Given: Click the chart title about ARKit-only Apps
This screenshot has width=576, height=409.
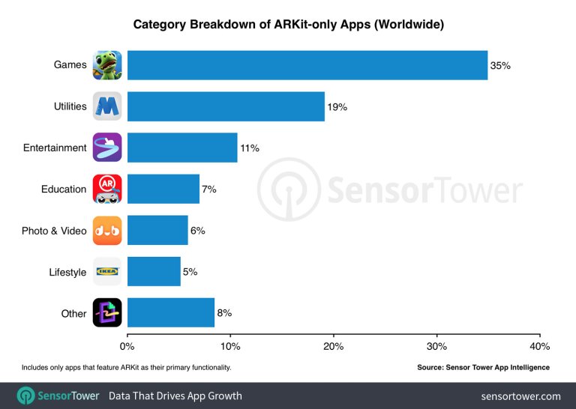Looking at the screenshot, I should pyautogui.click(x=288, y=25).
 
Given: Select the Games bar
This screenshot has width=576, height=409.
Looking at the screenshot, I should pyautogui.click(x=307, y=65).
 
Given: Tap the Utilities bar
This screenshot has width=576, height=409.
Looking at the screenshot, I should pyautogui.click(x=226, y=106).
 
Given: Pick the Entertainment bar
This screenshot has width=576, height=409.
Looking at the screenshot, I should pyautogui.click(x=182, y=148).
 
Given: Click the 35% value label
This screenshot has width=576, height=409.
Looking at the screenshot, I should pyautogui.click(x=500, y=66).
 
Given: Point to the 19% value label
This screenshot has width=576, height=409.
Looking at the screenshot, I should pyautogui.click(x=337, y=107).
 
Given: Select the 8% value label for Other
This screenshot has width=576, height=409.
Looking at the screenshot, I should pyautogui.click(x=224, y=313).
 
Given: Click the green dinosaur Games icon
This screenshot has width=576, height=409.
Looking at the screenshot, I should pyautogui.click(x=107, y=65).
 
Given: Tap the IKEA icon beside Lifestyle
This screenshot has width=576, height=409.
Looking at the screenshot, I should pyautogui.click(x=107, y=272).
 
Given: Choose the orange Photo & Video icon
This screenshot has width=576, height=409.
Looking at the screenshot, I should pyautogui.click(x=107, y=231).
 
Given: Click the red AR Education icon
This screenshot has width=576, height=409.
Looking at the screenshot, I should pyautogui.click(x=107, y=189).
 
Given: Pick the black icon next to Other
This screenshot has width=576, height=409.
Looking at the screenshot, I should pyautogui.click(x=107, y=313).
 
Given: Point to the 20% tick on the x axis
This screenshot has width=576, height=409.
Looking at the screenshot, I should pyautogui.click(x=334, y=346).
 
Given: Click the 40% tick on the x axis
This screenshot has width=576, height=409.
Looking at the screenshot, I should pyautogui.click(x=539, y=346).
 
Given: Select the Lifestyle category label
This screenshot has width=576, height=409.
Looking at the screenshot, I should pyautogui.click(x=67, y=272).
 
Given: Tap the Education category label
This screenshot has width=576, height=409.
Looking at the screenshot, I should pyautogui.click(x=64, y=189).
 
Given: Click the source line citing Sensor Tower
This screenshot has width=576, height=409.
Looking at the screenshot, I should pyautogui.click(x=483, y=368).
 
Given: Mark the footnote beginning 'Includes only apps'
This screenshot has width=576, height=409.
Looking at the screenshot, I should pyautogui.click(x=126, y=368).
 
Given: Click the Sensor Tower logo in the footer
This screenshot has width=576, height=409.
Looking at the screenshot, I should pyautogui.click(x=58, y=396).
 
